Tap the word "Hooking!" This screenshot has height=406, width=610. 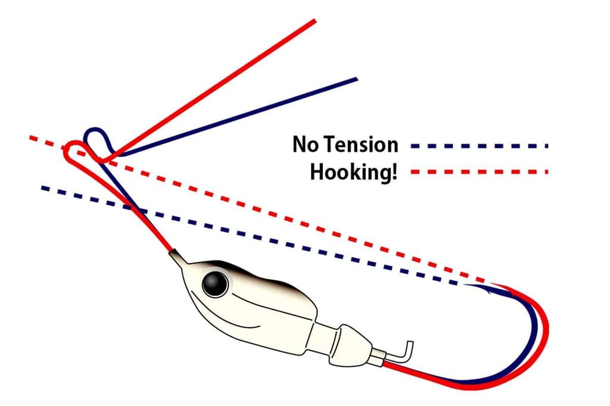click(354, 171)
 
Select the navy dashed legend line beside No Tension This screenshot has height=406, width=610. click(480, 146)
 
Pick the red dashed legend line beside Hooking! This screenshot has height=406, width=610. click(480, 171)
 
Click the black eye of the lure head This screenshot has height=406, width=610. click(215, 285)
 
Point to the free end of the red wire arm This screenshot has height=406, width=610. click(315, 20)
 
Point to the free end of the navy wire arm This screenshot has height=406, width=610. click(357, 79)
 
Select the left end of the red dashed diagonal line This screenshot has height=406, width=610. click(31, 138)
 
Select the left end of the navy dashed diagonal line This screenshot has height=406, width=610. click(43, 188)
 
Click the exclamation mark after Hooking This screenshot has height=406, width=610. click(395, 171)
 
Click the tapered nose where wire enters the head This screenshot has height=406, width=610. click(178, 257)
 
